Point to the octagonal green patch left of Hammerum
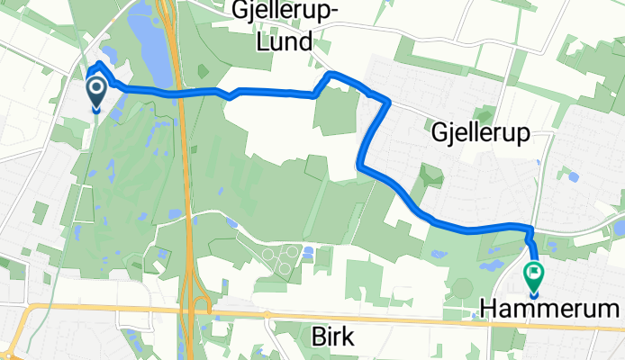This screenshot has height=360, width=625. (x=462, y=292)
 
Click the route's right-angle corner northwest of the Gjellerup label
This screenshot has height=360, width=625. (x=387, y=101)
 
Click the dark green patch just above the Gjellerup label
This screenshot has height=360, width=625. (x=485, y=113)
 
